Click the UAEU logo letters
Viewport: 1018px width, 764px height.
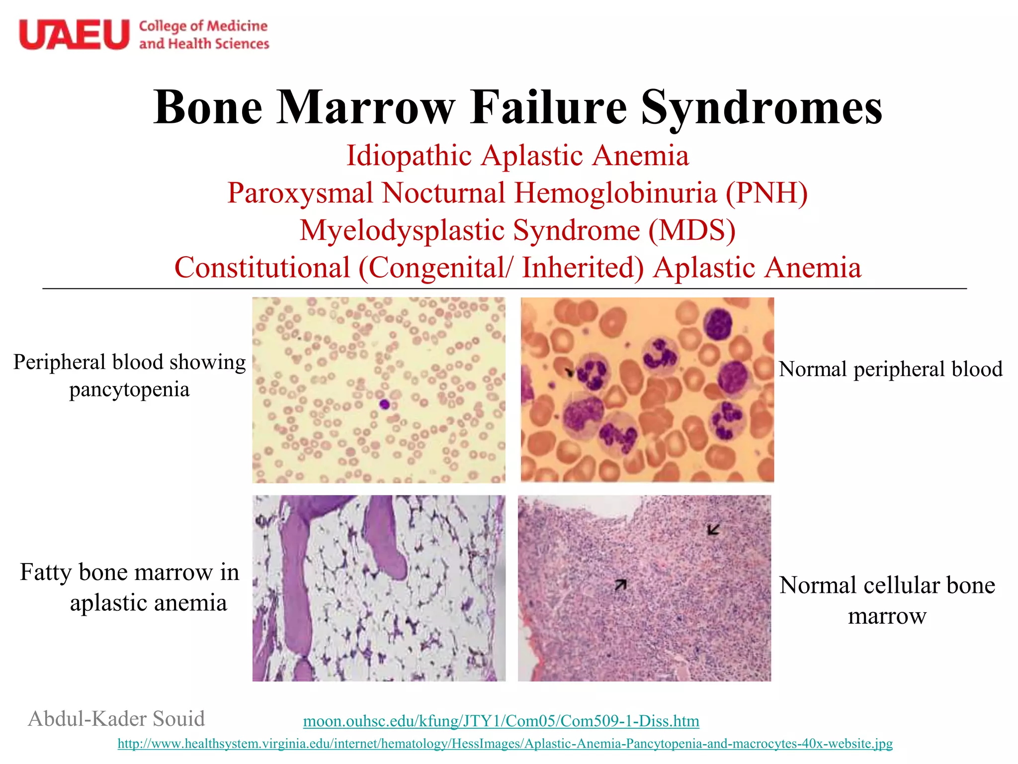[74, 34]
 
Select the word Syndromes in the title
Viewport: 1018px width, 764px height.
[761, 108]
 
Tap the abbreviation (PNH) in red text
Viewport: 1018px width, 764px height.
[766, 193]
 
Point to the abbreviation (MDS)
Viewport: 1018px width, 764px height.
[691, 230]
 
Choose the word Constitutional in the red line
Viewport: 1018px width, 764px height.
[262, 268]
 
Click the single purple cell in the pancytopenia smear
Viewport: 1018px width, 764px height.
[384, 404]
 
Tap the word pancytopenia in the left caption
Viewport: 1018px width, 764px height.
[129, 389]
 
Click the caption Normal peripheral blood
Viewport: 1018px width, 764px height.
[890, 369]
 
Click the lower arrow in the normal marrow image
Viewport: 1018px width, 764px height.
[620, 585]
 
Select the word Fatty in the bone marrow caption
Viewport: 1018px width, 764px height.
[46, 572]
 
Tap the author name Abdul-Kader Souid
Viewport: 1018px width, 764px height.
[116, 719]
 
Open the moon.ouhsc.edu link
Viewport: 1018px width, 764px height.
[501, 721]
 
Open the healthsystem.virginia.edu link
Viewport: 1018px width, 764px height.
[505, 744]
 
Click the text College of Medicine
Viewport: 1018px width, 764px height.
[203, 26]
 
